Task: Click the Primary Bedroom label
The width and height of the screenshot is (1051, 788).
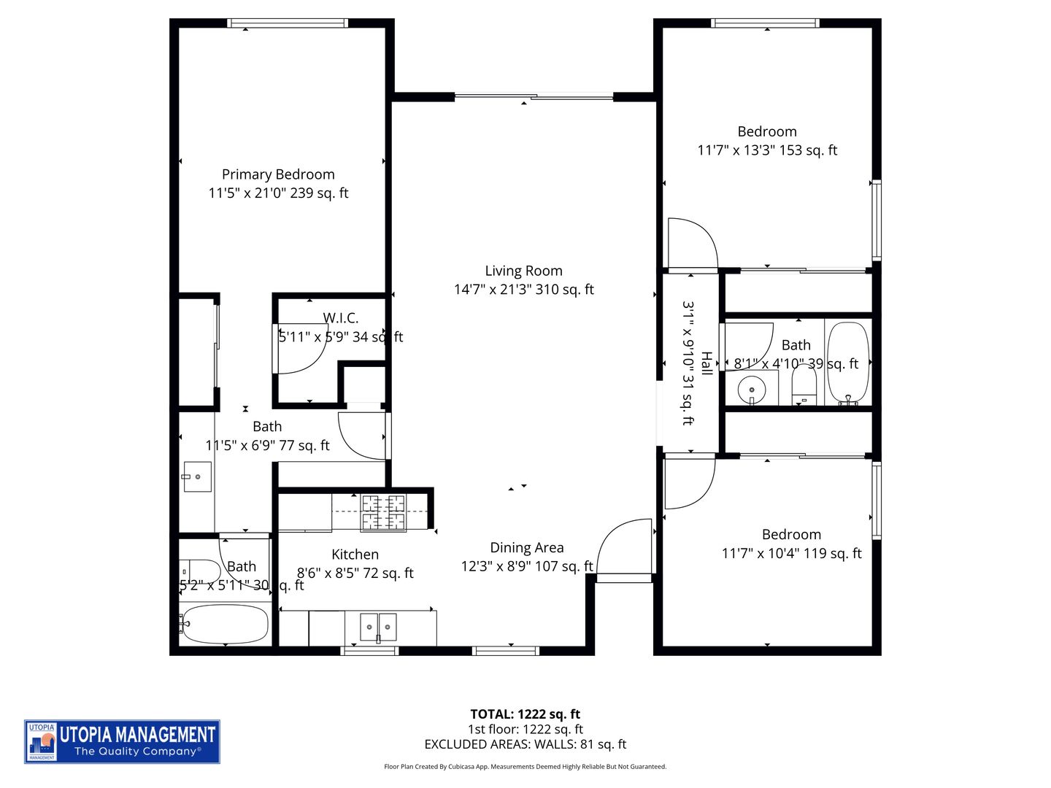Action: pos(278,174)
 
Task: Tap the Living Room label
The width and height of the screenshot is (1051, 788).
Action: pos(523,271)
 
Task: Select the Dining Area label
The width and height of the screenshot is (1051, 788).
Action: pos(526,548)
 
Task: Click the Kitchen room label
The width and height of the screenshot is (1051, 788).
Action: pos(355,555)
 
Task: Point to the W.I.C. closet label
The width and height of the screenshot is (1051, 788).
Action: pos(341,318)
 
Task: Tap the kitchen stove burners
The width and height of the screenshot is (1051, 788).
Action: pos(383,512)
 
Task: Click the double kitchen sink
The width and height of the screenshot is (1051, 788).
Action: pos(378,627)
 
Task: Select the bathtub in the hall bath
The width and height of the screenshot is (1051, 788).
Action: pos(848,363)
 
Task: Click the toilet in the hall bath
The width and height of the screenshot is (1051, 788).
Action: pos(804,385)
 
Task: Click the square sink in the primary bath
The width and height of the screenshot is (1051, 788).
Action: pos(197,476)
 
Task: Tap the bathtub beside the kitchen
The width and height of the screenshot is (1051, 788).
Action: pos(225,624)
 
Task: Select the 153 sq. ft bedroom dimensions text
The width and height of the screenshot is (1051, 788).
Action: pos(767,150)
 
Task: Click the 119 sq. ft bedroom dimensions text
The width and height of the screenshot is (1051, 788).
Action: pos(791,554)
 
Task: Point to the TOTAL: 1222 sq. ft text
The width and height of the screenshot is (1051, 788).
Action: pos(525,714)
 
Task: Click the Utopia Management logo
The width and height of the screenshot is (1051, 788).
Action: pos(122,741)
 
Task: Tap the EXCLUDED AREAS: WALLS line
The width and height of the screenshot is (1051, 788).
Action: pos(525,744)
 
